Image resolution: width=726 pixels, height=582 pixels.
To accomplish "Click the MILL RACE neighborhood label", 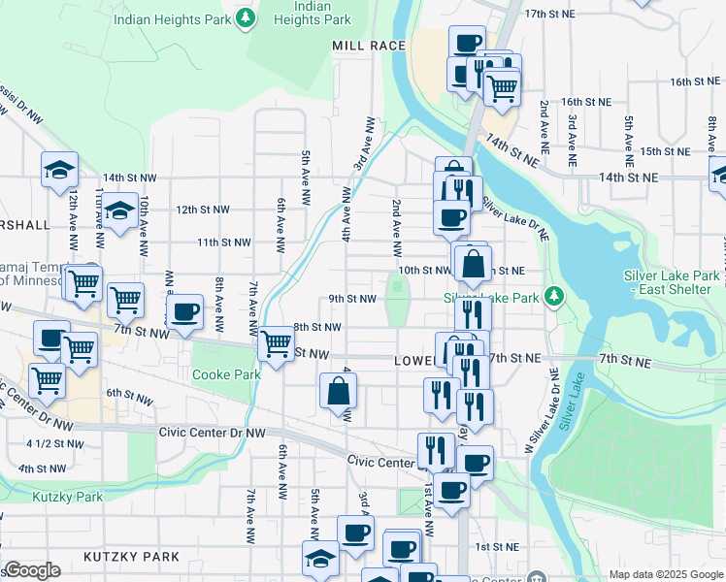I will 369,46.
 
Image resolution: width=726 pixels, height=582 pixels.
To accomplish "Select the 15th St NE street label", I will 664,151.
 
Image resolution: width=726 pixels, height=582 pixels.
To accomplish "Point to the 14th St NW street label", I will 129,178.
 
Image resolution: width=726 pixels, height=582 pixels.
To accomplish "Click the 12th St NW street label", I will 202,210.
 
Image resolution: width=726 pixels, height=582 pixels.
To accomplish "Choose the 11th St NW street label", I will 223,242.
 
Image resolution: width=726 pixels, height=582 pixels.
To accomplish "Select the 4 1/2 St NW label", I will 54,443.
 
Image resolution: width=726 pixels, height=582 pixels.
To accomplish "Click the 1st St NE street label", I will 494,547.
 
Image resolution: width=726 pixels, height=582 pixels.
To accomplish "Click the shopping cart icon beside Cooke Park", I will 277,343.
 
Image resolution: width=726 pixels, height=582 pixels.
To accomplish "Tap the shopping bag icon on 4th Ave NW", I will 339,392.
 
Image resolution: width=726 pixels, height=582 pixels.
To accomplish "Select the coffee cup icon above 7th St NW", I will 184,312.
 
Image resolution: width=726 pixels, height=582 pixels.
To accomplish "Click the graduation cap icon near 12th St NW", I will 119,210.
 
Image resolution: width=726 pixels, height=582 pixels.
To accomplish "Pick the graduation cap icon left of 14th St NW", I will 59,170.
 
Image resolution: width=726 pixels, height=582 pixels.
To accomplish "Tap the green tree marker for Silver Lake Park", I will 554,295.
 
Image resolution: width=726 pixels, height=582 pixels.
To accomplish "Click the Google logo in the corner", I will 32,570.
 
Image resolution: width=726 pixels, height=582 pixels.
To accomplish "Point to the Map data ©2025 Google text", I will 664,574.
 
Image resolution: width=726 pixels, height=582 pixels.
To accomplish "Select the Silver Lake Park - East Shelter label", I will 673,282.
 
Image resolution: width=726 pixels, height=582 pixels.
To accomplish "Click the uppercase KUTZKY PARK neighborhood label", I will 131,557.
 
